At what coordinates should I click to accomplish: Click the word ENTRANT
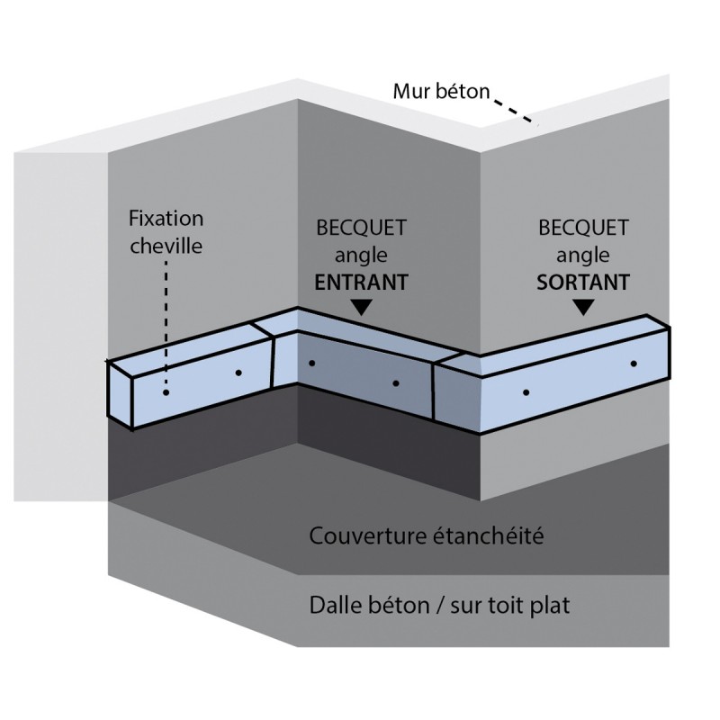point(360,282)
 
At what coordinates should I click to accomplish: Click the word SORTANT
point(582,282)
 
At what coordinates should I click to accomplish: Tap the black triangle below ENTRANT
point(361,308)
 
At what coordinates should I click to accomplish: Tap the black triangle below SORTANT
point(583,308)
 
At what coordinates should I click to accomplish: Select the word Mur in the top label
point(410,91)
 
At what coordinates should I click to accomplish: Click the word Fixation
point(166,219)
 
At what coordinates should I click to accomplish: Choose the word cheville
point(166,244)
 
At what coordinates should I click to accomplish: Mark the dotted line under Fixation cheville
point(166,324)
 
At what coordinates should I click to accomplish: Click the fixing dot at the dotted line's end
point(166,391)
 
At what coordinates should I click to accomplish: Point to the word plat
point(552,605)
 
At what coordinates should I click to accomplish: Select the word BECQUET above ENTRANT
point(361,228)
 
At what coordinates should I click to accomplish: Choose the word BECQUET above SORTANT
point(582,228)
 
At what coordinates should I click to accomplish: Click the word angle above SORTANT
point(582,256)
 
